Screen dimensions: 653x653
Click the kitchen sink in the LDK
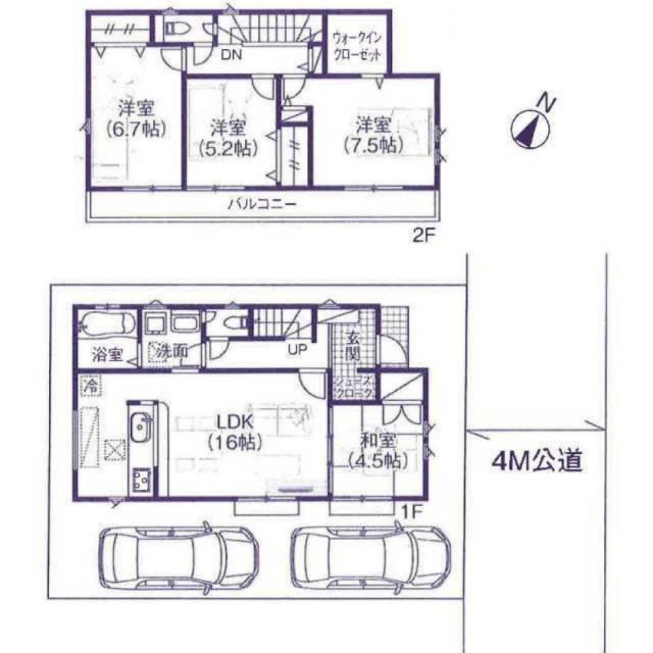[139, 431]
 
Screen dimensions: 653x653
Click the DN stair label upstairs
[230, 56]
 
